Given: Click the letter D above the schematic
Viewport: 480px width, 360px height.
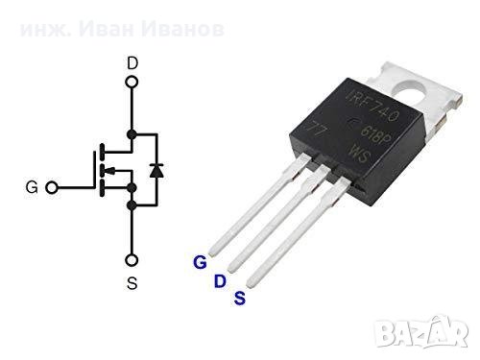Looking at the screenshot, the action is [132, 63].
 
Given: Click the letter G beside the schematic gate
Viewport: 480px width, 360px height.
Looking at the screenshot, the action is [32, 187].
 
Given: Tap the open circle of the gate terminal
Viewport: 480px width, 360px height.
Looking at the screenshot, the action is [55, 187].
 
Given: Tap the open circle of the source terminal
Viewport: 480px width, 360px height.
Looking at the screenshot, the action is [132, 259].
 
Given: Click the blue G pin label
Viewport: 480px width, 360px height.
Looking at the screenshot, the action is [200, 261].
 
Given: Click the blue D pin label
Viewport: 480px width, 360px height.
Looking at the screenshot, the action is [219, 280].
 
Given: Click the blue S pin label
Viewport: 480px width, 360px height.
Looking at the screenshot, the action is [239, 299].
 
